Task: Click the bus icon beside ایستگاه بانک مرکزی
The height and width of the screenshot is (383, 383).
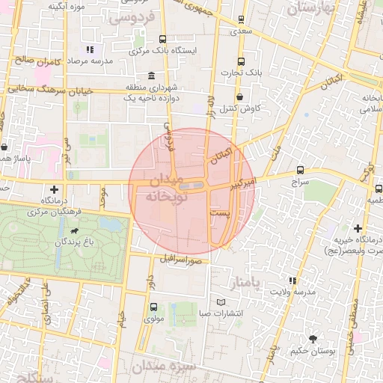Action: (163, 39)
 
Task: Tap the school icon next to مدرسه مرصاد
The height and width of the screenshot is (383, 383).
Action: (89, 49)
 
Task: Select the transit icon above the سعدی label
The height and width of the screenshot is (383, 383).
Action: (241, 19)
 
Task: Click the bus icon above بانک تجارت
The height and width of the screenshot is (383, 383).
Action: (240, 61)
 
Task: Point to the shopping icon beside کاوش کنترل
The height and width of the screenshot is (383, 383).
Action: (239, 96)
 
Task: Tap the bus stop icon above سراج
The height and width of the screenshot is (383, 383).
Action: (301, 171)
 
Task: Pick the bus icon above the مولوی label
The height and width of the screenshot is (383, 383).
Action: (153, 307)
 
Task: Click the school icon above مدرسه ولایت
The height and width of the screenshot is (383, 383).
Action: (292, 281)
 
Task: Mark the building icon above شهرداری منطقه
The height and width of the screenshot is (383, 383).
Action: (152, 76)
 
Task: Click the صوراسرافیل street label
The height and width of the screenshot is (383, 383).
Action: (182, 260)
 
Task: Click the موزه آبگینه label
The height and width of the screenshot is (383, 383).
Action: (66, 6)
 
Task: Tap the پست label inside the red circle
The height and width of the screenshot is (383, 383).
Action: (219, 213)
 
